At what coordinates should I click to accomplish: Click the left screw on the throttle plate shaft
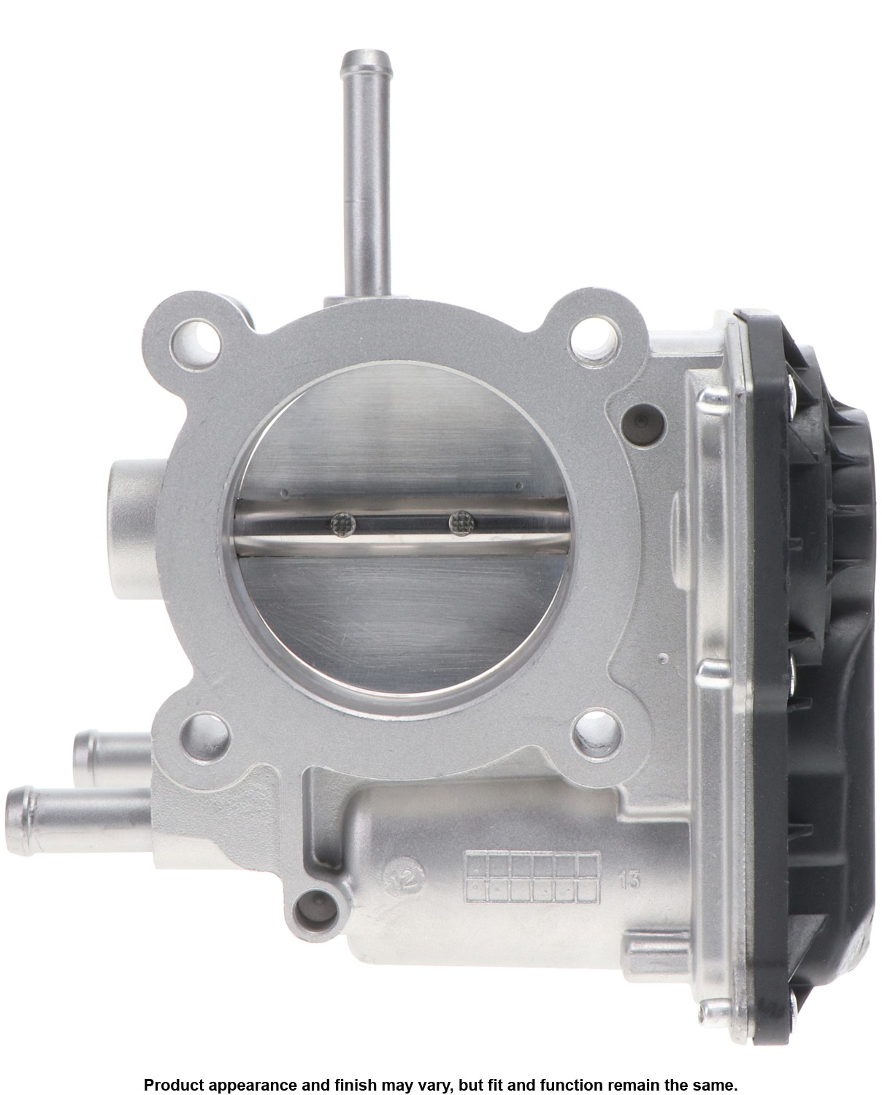tap(342, 524)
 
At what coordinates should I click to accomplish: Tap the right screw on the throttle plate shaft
tap(462, 523)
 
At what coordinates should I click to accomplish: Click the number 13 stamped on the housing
tap(629, 880)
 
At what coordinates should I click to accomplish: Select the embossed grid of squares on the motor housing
tap(532, 877)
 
